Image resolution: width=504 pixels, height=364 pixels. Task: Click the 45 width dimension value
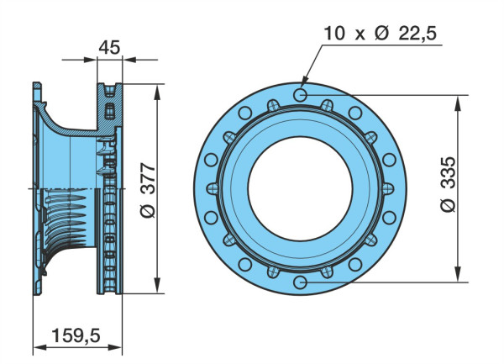coord(109,47)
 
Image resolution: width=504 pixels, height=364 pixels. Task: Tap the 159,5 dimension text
coord(76,335)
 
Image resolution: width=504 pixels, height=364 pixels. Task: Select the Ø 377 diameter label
coord(148,190)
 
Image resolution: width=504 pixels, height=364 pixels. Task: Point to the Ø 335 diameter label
coord(448,184)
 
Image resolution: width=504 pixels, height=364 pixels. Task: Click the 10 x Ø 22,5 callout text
coord(380,33)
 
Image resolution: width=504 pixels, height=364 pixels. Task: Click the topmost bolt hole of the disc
coord(300,95)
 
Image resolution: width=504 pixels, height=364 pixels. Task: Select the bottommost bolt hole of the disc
coord(300,282)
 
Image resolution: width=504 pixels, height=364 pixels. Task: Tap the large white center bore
coord(300,189)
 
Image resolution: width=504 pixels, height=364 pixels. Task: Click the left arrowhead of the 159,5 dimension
coord(40,347)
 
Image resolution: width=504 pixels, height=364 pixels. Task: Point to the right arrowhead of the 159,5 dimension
coord(115,347)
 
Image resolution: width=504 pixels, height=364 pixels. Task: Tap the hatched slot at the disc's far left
coord(213,188)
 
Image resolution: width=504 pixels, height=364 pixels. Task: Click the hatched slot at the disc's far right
coord(388,188)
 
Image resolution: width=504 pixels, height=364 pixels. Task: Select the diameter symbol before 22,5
coord(382,33)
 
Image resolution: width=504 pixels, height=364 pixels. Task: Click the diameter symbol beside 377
coord(148,211)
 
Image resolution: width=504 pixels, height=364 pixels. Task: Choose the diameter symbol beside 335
coord(448,205)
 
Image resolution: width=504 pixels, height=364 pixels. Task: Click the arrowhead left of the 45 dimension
coord(90,60)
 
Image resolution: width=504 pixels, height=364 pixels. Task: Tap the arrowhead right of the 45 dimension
coord(129,60)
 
